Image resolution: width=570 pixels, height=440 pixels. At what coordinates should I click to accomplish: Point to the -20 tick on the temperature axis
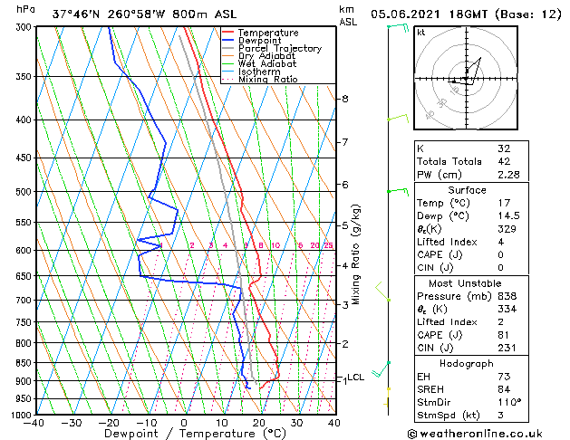[x=109, y=423]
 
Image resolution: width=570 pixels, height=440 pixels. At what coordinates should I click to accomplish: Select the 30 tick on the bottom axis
[x=296, y=423]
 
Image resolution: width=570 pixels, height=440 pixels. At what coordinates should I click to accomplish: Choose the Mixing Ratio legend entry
[x=267, y=80]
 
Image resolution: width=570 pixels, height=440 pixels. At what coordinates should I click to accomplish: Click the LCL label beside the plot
[x=356, y=378]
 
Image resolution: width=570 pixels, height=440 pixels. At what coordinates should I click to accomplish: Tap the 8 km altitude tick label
[x=344, y=98]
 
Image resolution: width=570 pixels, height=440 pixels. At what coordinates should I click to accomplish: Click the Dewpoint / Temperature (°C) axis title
[x=184, y=434]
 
